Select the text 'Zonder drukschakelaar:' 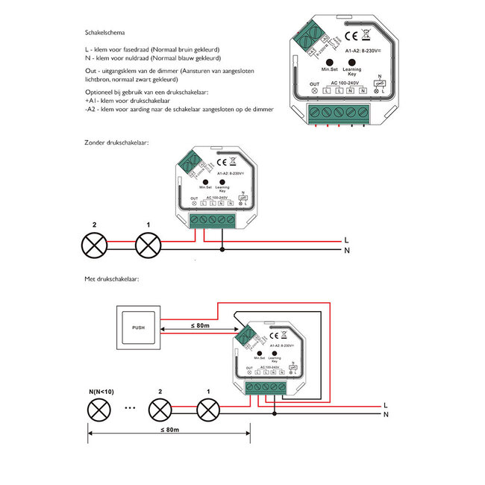tap(117, 141)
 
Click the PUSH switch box tap(138, 326)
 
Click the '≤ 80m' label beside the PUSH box tap(198, 325)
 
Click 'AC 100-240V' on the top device tap(344, 82)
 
